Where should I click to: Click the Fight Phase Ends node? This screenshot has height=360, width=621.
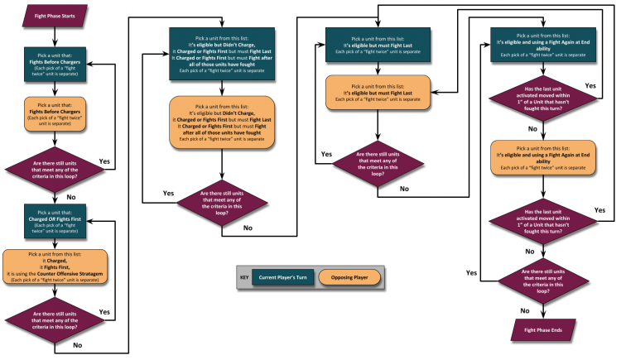pyautogui.click(x=543, y=331)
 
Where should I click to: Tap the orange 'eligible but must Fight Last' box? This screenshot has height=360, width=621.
pyautogui.click(x=377, y=90)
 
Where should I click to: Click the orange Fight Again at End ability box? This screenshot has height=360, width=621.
pyautogui.click(x=543, y=157)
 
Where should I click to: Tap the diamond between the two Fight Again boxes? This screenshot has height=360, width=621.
pyautogui.click(x=543, y=96)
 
